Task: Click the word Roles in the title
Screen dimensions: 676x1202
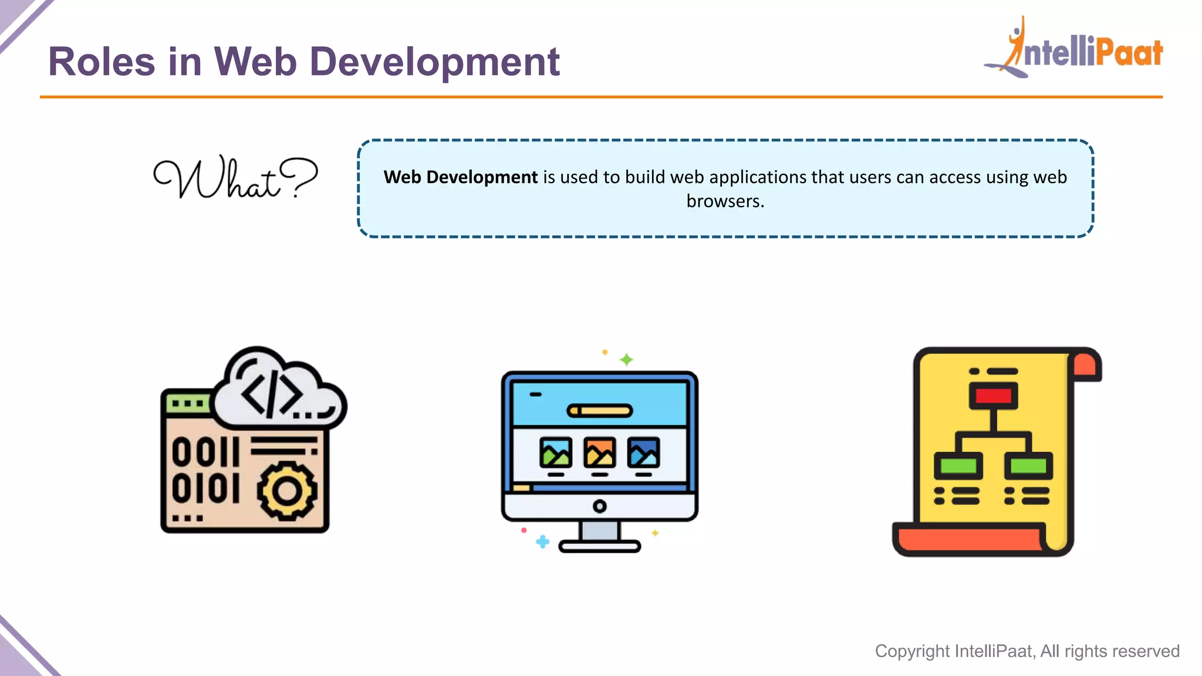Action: [x=101, y=62]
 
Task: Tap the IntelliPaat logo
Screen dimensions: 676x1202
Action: [x=1074, y=49]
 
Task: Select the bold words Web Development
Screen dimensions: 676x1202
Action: [x=460, y=177]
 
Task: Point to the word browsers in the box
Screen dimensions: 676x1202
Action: [x=724, y=201]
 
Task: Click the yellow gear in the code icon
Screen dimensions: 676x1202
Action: [x=287, y=491]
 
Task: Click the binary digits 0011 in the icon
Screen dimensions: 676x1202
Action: [x=205, y=452]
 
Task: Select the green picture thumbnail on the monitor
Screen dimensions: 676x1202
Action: [x=555, y=452]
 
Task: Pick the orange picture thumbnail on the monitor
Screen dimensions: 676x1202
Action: [x=599, y=452]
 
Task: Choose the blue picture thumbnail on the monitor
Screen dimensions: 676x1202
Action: [x=643, y=452]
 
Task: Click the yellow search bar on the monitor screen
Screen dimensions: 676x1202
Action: [x=599, y=411]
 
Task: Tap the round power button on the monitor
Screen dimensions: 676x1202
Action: [x=599, y=506]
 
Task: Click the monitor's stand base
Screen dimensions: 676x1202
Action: [x=599, y=546]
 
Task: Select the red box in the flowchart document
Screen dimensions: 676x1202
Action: [x=993, y=396]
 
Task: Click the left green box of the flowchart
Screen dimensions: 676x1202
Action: [x=958, y=467]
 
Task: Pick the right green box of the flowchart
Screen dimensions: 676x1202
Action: [x=1028, y=467]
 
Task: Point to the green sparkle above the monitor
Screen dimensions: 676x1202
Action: [x=626, y=359]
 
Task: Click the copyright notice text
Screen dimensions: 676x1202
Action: [x=1027, y=651]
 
